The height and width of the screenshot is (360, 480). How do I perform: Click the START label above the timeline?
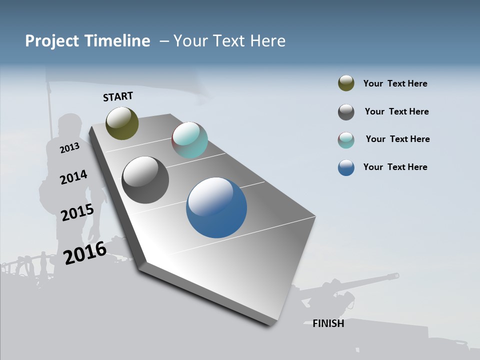tap(118, 96)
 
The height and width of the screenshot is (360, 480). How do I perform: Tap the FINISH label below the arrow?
tap(328, 323)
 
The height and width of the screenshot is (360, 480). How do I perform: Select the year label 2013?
tap(69, 147)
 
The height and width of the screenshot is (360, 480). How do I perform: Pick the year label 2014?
tap(73, 177)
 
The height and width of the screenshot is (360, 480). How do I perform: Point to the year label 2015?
tap(77, 212)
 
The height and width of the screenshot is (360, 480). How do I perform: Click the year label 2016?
tap(84, 253)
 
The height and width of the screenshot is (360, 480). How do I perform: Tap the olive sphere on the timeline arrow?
tap(122, 123)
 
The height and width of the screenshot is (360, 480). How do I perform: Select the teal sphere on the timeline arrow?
tap(189, 140)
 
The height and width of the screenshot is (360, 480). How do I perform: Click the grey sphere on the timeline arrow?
tap(145, 180)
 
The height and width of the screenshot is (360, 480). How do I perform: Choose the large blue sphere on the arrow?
tap(216, 207)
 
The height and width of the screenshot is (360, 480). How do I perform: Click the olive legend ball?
tap(346, 83)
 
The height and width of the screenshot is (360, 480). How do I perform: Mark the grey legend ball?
tap(346, 112)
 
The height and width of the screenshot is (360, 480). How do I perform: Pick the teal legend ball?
tap(346, 140)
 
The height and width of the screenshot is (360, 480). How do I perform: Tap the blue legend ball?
tap(346, 167)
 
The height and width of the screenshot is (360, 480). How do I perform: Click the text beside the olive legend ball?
tap(395, 83)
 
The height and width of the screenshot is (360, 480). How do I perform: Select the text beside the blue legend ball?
tap(395, 167)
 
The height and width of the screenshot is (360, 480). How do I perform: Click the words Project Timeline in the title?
tap(87, 41)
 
